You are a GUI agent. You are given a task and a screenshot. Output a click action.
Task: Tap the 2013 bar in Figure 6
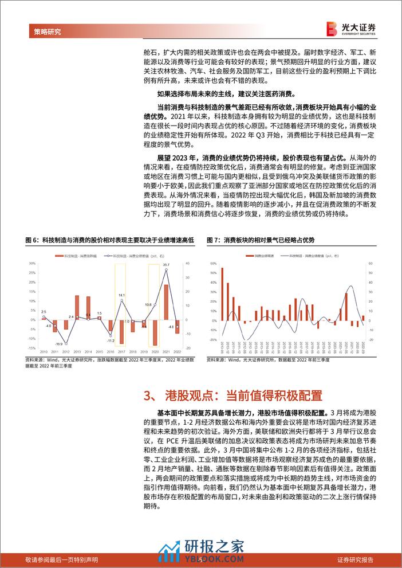[77, 305]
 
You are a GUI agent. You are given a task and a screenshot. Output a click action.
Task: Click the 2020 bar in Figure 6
[155, 330]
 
